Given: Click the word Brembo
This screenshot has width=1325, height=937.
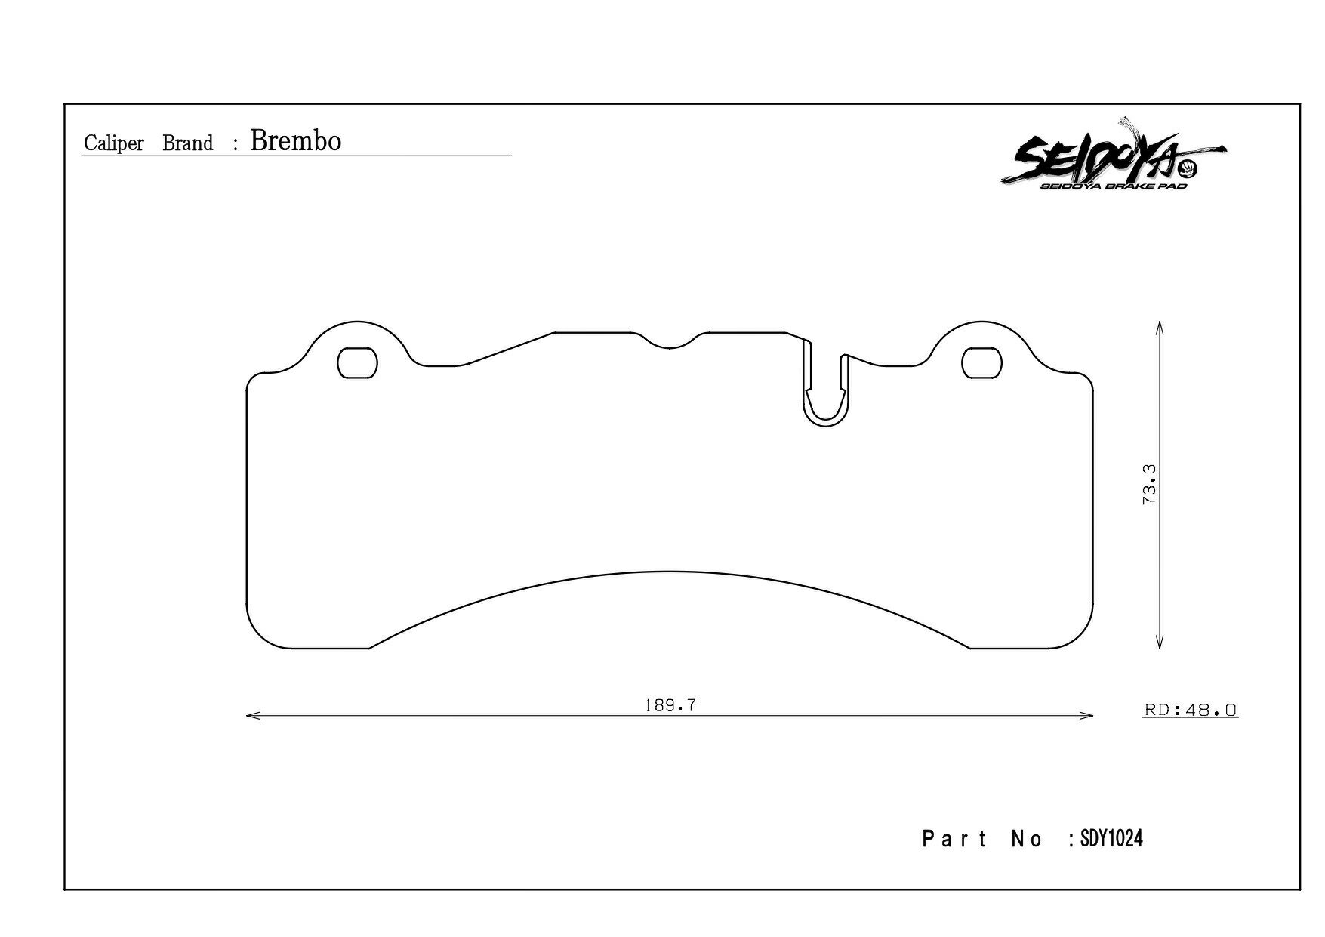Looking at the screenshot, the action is tap(295, 141).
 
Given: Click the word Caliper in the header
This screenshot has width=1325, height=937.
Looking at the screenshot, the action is tap(114, 143).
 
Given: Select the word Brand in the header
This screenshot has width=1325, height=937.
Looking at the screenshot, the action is tap(188, 143).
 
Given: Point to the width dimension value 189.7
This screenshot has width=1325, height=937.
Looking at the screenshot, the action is tap(670, 706).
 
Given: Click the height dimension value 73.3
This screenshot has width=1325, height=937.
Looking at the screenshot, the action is tap(1150, 484).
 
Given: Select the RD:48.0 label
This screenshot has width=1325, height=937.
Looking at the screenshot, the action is tap(1191, 710).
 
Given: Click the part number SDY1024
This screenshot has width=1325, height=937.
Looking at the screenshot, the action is tap(1111, 838).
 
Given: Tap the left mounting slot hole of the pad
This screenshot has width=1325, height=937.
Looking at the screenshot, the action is tap(357, 363).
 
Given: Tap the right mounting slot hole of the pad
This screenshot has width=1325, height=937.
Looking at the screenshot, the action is tap(982, 363).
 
